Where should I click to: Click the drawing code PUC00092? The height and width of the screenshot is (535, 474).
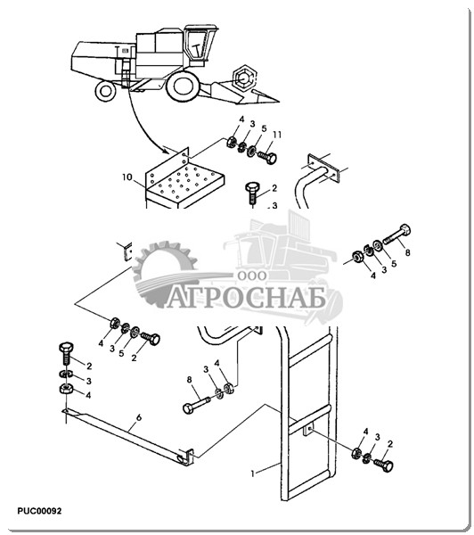39,511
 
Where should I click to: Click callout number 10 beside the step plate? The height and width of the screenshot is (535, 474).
127,177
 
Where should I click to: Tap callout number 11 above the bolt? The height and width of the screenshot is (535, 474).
277,136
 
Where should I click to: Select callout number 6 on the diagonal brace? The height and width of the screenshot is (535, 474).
138,417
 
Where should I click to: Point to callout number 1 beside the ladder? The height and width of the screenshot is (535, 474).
253,474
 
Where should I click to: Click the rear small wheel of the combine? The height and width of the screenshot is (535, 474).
106,91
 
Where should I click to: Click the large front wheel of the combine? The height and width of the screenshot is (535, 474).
183,86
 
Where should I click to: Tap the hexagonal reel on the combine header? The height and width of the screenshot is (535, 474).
243,78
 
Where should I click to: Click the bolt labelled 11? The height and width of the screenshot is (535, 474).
267,158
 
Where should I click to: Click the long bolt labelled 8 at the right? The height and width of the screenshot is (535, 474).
397,235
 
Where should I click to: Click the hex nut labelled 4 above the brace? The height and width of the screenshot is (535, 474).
65,388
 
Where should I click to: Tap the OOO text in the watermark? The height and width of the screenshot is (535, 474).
251,276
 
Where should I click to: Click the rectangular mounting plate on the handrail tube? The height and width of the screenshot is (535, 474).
323,168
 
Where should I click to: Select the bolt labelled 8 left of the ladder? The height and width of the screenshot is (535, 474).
197,404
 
